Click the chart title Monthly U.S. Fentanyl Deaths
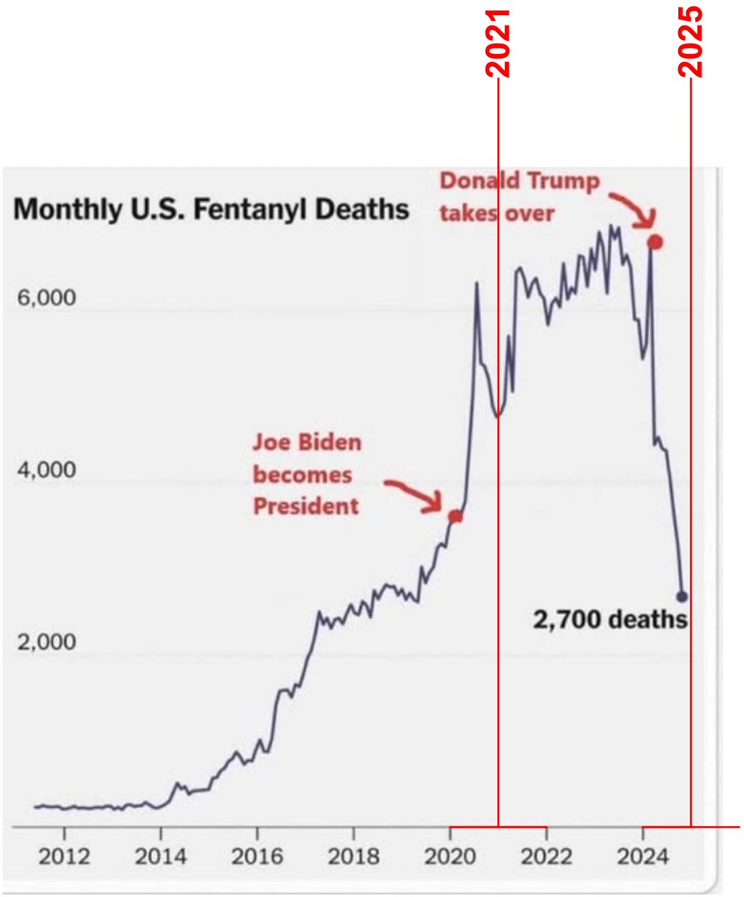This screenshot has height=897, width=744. click(211, 209)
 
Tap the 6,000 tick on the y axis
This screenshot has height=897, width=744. click(46, 298)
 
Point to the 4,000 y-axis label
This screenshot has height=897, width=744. click(46, 470)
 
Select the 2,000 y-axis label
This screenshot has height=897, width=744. click(46, 642)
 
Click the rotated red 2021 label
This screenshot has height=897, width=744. click(498, 43)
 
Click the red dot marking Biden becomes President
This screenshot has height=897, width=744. click(455, 516)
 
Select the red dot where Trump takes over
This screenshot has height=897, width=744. click(655, 241)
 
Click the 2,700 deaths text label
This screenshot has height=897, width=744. click(609, 620)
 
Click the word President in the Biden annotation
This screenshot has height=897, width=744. click(305, 507)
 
